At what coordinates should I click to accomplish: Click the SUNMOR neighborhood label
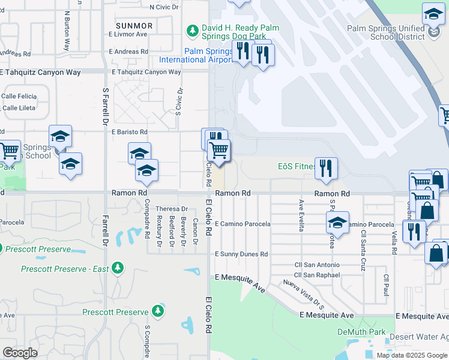(x=134, y=26)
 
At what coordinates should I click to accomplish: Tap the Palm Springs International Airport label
(x=196, y=55)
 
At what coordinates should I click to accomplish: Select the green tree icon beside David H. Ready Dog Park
(x=192, y=29)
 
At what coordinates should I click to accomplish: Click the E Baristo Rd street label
(x=128, y=131)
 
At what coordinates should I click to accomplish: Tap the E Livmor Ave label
(x=127, y=34)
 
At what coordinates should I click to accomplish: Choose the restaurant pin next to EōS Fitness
(x=326, y=167)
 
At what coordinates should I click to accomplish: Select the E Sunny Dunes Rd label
(x=241, y=254)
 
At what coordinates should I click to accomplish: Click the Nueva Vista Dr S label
(x=304, y=295)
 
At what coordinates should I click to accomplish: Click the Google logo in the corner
(x=20, y=352)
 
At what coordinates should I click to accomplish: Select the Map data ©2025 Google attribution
(x=412, y=355)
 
